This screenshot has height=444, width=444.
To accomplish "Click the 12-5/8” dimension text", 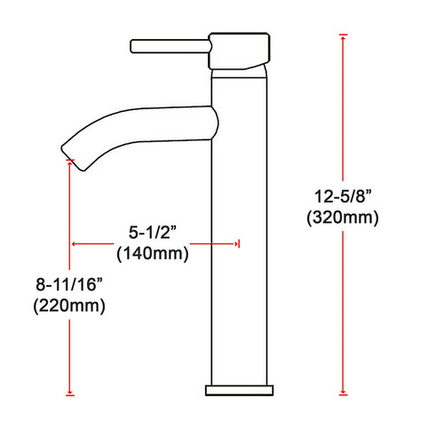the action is coord(343,196).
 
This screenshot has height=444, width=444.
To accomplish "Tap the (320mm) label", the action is coord(343,218).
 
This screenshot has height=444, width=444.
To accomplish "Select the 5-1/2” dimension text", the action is coord(153,232).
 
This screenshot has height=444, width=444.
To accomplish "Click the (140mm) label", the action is coord(153,254).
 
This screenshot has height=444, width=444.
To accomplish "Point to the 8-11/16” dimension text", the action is coord(69,284).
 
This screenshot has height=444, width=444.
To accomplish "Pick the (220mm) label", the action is coord(69,305).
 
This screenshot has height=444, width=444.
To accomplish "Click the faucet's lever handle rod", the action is coord(170,46).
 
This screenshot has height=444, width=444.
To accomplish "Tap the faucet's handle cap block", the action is coord(239,51).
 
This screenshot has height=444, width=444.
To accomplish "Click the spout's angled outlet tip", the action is coord(74,157).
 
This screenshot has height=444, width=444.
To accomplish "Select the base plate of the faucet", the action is coord(239,391).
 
